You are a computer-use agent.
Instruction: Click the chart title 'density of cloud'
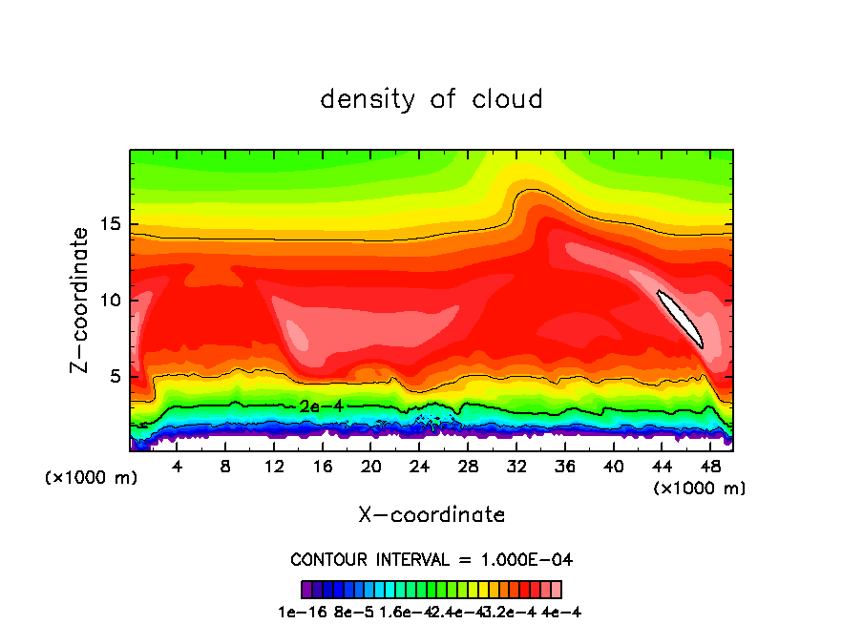pyautogui.click(x=431, y=99)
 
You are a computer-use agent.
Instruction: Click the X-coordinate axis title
pyautogui.click(x=431, y=515)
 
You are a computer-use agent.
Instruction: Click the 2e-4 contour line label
pyautogui.click(x=321, y=406)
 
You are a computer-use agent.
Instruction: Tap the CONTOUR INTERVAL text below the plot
pyautogui.click(x=431, y=559)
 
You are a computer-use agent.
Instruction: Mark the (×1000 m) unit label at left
pyautogui.click(x=92, y=478)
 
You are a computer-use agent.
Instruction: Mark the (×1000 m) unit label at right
pyautogui.click(x=700, y=489)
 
